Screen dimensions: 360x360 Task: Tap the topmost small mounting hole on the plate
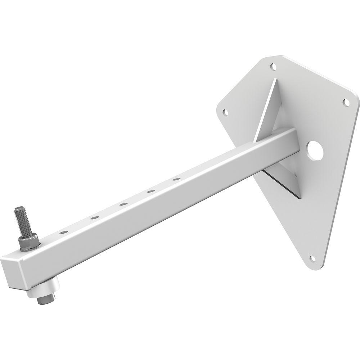pyautogui.click(x=274, y=67)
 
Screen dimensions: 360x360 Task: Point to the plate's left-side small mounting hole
pyautogui.click(x=226, y=112)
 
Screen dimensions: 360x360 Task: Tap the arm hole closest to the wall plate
pyautogui.click(x=176, y=179)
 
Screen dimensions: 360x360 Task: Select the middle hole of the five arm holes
pyautogui.click(x=123, y=204)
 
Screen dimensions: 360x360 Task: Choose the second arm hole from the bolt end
pyautogui.click(x=94, y=217)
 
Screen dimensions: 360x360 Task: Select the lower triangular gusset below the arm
pyautogui.click(x=284, y=182)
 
